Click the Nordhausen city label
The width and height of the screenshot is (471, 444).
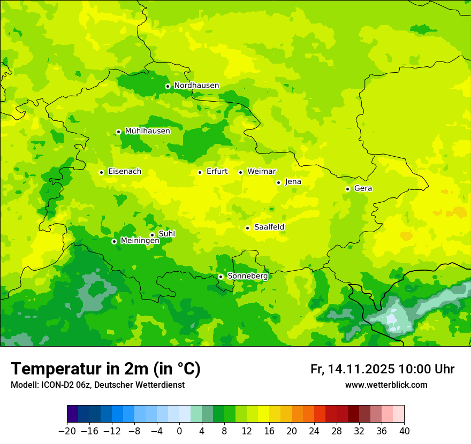click(196, 86)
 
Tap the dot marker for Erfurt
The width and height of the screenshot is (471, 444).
click(200, 172)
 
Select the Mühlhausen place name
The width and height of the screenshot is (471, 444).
click(147, 131)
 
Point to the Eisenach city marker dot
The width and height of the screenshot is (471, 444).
click(101, 172)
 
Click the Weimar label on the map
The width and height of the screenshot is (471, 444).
click(261, 172)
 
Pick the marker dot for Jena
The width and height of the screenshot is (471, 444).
click(278, 182)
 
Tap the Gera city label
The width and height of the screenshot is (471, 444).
click(363, 188)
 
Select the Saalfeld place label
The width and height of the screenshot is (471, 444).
click(269, 227)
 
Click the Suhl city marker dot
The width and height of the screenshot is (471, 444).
click(152, 235)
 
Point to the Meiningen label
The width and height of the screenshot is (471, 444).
click(140, 241)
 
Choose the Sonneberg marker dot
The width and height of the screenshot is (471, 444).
click(221, 277)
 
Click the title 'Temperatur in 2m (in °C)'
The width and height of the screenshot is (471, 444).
click(105, 369)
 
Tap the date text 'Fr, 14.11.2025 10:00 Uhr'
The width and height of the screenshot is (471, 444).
click(382, 369)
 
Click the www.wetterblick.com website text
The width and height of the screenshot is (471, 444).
click(386, 385)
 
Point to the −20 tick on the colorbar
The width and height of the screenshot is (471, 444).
click(67, 431)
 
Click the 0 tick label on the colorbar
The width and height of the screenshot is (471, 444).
click(179, 431)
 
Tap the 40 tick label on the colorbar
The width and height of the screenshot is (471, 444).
click(404, 431)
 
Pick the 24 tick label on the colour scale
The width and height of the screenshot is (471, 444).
click(314, 431)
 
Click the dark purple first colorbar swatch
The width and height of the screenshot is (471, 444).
click(72, 414)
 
